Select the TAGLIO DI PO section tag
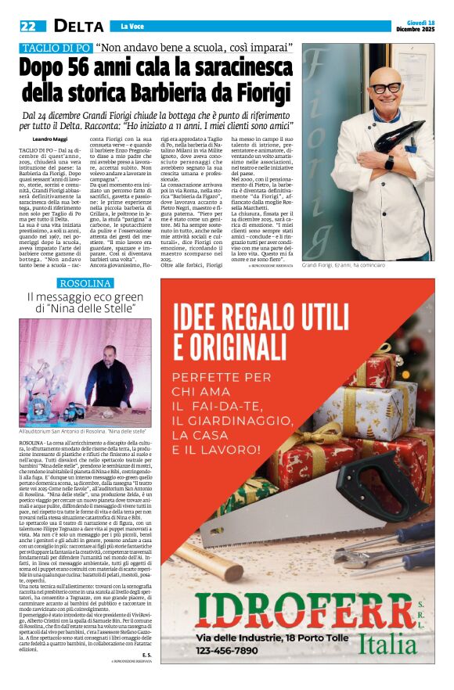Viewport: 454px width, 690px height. click(x=54, y=48)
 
